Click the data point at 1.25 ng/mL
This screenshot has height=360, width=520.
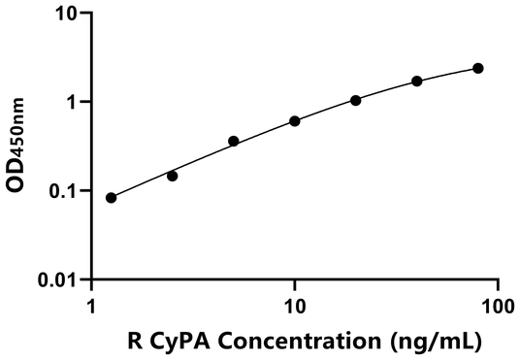pyautogui.click(x=111, y=198)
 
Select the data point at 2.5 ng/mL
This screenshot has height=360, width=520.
pyautogui.click(x=173, y=176)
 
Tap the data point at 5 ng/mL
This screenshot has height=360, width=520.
pyautogui.click(x=234, y=142)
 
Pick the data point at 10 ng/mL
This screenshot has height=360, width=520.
pyautogui.click(x=295, y=121)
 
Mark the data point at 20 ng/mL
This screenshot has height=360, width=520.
pyautogui.click(x=356, y=100)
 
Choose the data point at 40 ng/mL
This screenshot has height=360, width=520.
pyautogui.click(x=417, y=82)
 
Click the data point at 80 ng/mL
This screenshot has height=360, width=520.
pyautogui.click(x=478, y=68)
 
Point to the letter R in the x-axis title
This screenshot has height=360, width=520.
pyautogui.click(x=135, y=342)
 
